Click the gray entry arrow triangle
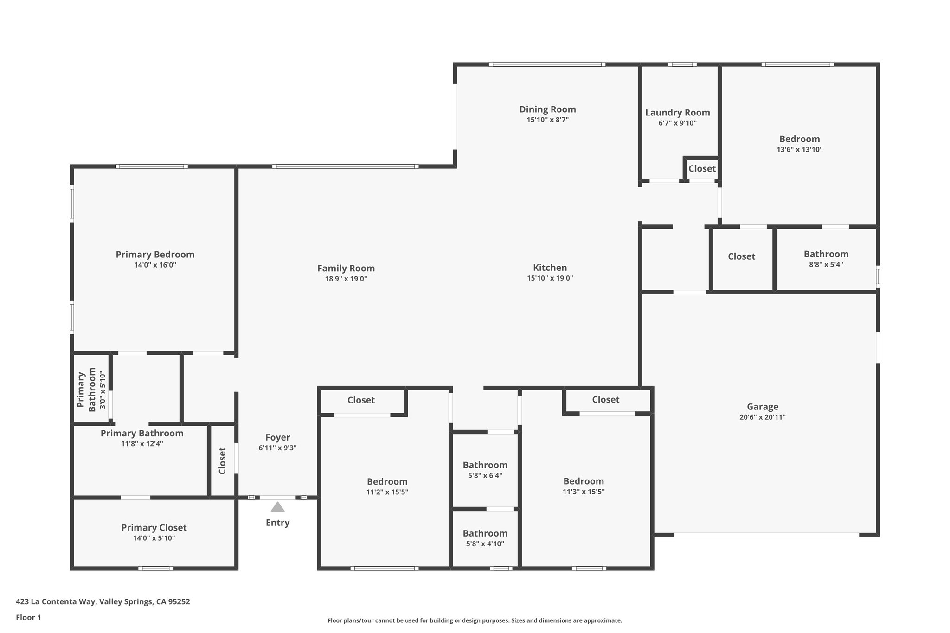(277, 507)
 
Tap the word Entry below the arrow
(277, 523)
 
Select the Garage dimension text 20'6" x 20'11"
(762, 417)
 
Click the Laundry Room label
(677, 113)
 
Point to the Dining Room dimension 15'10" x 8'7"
(547, 120)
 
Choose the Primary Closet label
(154, 527)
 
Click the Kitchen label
(550, 268)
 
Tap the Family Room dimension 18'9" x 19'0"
(346, 279)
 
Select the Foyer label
(277, 437)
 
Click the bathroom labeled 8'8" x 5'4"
(826, 254)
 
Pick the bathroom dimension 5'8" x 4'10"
(485, 543)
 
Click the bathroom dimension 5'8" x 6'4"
(485, 475)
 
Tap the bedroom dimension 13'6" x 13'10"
(799, 149)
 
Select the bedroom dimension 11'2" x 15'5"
(387, 492)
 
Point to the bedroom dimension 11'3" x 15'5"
(584, 492)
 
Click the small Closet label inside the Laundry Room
(702, 169)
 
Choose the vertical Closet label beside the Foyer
(222, 460)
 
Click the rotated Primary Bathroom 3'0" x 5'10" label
(91, 390)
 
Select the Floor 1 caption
(28, 617)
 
